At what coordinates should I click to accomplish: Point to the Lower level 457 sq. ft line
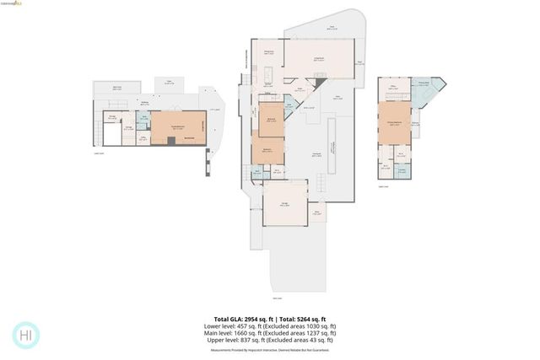tap(270, 326)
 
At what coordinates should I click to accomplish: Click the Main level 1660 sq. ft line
tap(270, 333)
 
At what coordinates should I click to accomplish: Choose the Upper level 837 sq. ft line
tap(270, 340)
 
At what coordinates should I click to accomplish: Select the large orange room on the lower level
tap(178, 127)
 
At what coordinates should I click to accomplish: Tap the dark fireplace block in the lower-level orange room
tap(170, 141)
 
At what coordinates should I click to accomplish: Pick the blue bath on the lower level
tap(144, 120)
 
